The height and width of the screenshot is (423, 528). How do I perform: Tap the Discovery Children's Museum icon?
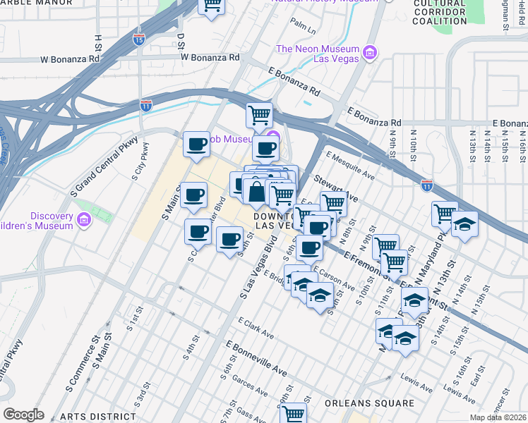tap(83, 221)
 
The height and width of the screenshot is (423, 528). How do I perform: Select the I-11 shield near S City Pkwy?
tap(145, 105)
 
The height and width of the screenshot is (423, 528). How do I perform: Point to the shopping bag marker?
tap(256, 190)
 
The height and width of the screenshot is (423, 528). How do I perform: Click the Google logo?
tap(23, 415)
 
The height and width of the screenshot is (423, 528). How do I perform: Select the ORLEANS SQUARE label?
tap(369, 403)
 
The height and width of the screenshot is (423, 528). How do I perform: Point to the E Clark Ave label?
tap(256, 328)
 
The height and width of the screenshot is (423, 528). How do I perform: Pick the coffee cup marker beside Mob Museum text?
tap(196, 145)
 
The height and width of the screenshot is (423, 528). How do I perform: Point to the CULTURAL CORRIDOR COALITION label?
tap(440, 13)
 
